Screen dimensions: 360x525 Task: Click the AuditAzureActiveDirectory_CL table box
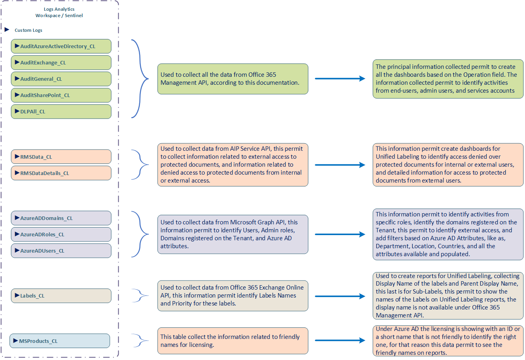pos(61,46)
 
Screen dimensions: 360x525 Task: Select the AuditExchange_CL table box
pos(61,62)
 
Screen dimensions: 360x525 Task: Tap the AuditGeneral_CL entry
pos(61,79)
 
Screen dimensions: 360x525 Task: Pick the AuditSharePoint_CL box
pos(61,95)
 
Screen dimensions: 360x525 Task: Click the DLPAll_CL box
pos(61,111)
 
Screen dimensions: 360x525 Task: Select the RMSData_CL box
pos(61,157)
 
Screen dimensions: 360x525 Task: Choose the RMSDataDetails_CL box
pos(61,173)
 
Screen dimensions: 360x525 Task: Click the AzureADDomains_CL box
pos(61,218)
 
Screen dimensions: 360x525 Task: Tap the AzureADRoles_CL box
pos(61,234)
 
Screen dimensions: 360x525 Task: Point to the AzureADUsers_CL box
pos(61,251)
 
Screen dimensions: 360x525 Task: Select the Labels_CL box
pos(61,296)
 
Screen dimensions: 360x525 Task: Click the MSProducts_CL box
pos(60,341)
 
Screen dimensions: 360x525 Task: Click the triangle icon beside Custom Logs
pos(7,30)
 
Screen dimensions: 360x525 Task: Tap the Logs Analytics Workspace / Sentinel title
pos(59,12)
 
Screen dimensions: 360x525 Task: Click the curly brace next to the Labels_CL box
pos(140,296)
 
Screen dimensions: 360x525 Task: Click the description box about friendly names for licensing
pos(232,341)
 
